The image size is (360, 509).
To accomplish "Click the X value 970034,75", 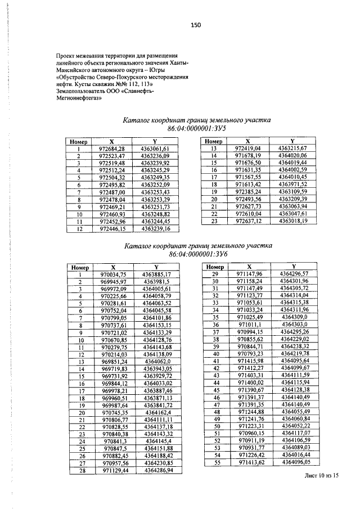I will click(112, 274).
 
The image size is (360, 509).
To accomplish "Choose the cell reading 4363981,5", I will click(161, 281).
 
